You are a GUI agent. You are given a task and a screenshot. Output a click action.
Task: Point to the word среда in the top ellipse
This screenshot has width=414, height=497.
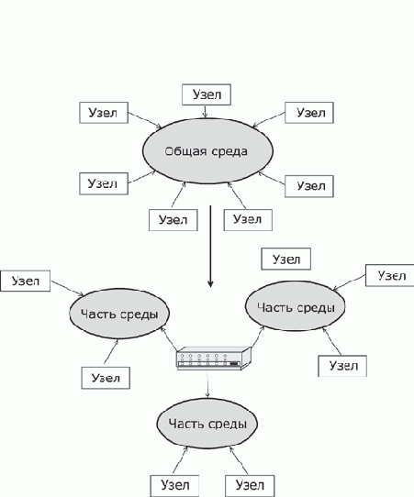point(229,151)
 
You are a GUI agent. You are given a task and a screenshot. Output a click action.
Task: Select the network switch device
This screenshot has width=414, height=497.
point(214,359)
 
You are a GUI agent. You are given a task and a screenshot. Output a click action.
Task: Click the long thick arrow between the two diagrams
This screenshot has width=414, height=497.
point(210,247)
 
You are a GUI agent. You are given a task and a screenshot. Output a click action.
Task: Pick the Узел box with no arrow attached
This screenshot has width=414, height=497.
point(285,259)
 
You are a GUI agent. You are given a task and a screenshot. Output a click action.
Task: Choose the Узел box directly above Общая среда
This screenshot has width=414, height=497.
point(207,94)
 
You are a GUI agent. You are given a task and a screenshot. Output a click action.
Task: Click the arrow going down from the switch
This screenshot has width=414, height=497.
point(207,384)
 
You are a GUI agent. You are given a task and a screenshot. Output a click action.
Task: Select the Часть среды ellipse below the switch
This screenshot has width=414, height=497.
point(207,424)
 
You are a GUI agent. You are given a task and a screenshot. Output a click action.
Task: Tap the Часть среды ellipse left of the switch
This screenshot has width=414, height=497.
point(119,314)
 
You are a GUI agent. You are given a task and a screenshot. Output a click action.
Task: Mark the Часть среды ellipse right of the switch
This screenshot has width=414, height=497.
point(295,306)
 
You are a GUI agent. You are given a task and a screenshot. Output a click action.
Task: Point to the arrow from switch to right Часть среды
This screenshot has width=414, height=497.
point(258,337)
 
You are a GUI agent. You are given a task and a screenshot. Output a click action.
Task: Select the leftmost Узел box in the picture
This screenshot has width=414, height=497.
point(26,281)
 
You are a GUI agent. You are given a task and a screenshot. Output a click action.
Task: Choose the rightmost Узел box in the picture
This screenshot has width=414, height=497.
point(390,275)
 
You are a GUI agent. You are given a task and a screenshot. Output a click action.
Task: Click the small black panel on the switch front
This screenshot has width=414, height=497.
point(234,364)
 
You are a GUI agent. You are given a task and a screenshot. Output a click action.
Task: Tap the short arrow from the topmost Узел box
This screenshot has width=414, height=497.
point(206,112)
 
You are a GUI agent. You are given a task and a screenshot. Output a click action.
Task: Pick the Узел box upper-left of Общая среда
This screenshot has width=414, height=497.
point(104,113)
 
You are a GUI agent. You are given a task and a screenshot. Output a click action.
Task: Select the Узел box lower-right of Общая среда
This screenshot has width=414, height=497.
point(309,186)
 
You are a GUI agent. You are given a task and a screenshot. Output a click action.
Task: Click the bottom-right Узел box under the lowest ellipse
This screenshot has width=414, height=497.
point(250,486)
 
